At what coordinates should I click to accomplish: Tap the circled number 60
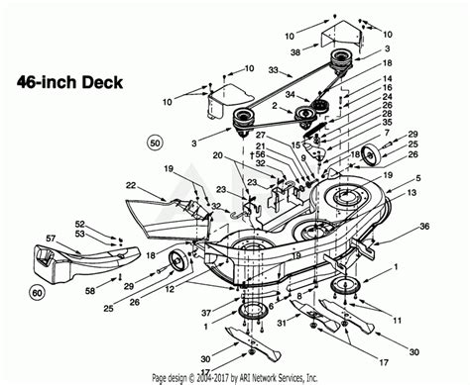pyautogui.click(x=37, y=291)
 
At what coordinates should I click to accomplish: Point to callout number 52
pyautogui.click(x=79, y=223)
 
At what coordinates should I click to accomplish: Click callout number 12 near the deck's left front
pyautogui.click(x=170, y=288)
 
